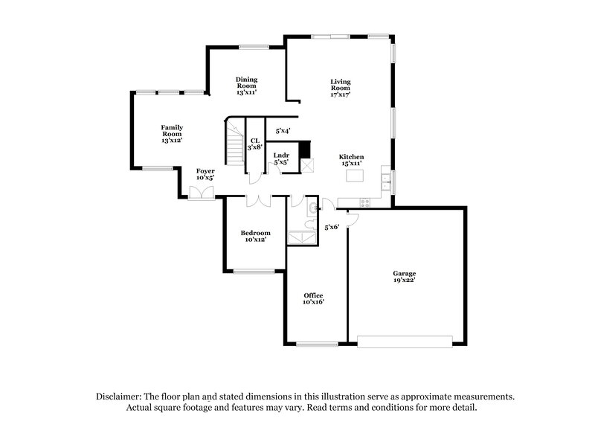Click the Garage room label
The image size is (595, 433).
(405, 277)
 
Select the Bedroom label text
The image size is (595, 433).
(254, 236)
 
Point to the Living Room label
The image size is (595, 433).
(341, 89)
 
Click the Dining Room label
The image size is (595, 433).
(246, 86)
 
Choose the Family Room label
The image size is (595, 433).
(172, 134)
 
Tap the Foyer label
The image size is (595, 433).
(205, 174)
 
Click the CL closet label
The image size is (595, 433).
(255, 144)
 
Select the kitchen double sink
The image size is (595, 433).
(385, 178)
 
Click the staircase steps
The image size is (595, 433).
(235, 144)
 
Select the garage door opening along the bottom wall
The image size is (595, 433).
(405, 341)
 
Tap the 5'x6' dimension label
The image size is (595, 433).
(332, 226)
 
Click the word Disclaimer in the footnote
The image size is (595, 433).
(120, 397)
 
